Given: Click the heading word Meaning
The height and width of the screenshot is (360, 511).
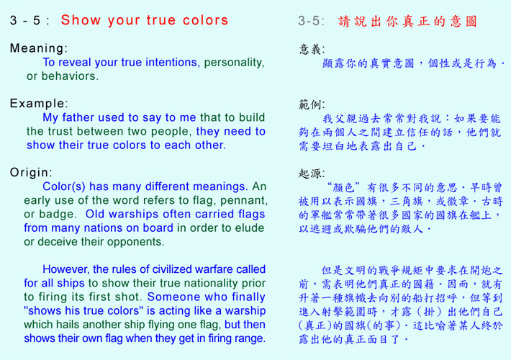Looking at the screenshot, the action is [x=37, y=48].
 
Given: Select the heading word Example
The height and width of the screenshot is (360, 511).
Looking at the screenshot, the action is [x=37, y=104].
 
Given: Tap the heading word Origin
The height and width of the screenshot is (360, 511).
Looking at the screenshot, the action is [x=30, y=173].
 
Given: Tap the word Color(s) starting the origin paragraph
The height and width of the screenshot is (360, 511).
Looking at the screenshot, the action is [x=64, y=186].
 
